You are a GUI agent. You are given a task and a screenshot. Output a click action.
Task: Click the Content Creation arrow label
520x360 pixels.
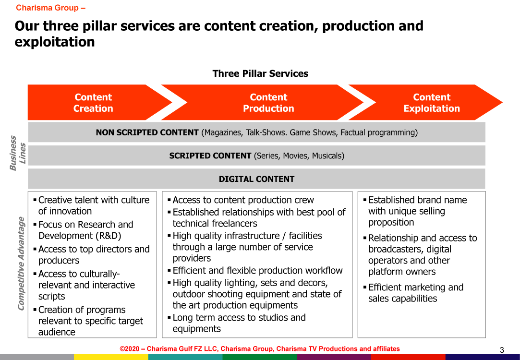click(x=93, y=103)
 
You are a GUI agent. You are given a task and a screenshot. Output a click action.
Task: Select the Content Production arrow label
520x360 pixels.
click(x=268, y=103)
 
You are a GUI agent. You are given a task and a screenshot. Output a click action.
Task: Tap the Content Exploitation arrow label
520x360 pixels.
click(x=432, y=103)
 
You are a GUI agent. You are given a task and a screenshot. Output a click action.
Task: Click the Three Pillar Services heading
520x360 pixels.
click(x=260, y=73)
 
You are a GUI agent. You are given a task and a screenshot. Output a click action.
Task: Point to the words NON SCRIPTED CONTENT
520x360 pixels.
click(x=147, y=132)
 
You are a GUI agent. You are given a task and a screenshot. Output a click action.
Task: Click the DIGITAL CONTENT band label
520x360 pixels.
click(x=256, y=179)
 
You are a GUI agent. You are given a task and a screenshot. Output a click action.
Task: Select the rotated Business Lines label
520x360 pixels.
click(x=18, y=153)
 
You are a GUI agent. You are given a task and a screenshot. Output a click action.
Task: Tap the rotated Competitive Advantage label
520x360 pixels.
click(x=21, y=264)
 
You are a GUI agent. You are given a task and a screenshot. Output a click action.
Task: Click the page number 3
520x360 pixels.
click(x=502, y=350)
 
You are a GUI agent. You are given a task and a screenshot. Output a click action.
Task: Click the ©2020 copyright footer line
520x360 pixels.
click(x=260, y=349)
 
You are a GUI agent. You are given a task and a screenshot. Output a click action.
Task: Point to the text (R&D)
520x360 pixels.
click(x=109, y=236)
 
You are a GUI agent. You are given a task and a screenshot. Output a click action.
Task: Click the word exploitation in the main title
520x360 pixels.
click(x=55, y=42)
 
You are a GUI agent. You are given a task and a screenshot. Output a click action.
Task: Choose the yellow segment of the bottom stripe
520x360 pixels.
click(x=111, y=357)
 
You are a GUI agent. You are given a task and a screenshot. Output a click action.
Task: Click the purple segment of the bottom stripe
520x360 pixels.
click(x=334, y=357)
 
